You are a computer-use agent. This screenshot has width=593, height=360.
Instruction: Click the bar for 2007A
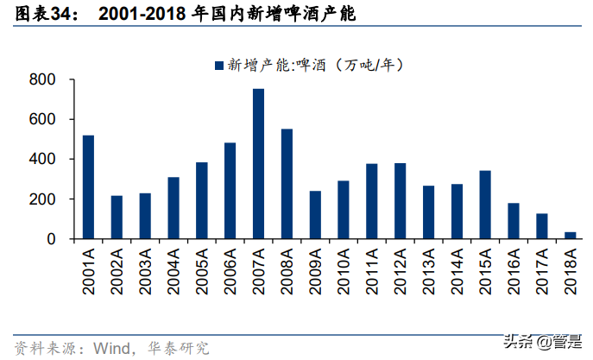[x=258, y=163]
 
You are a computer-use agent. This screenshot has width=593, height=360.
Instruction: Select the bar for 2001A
[x=88, y=186]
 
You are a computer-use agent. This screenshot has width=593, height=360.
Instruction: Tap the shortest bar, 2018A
[x=570, y=235]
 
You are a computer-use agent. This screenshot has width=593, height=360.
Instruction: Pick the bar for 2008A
[x=287, y=183]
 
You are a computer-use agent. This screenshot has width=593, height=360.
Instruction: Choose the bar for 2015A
[x=484, y=204]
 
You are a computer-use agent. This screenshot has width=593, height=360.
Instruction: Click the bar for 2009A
[x=315, y=214]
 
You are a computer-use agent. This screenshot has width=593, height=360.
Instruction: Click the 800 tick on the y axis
[x=42, y=80]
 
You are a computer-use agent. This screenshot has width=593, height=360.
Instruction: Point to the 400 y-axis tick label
[x=42, y=160]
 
